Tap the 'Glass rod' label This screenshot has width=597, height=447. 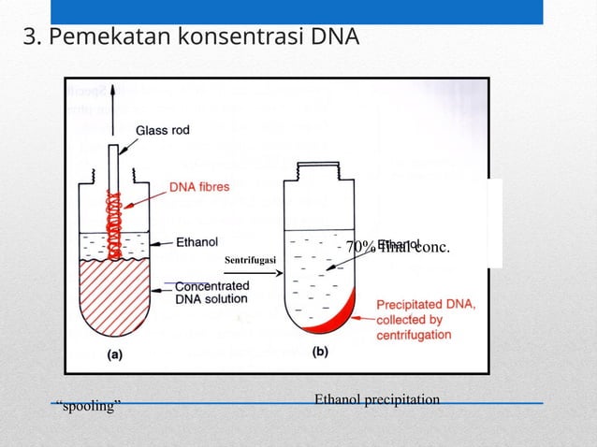[x=163, y=131]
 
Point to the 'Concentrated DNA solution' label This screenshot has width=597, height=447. [x=211, y=292]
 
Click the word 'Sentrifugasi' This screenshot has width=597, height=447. [x=252, y=258]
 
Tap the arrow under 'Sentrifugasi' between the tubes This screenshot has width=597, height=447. [x=253, y=272]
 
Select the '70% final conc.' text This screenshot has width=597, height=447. [x=398, y=248]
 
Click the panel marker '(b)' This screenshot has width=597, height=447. [x=319, y=353]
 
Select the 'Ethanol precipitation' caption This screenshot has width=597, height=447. [x=376, y=399]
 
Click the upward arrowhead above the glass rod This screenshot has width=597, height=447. [x=114, y=91]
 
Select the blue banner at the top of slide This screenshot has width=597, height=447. [x=296, y=11]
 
